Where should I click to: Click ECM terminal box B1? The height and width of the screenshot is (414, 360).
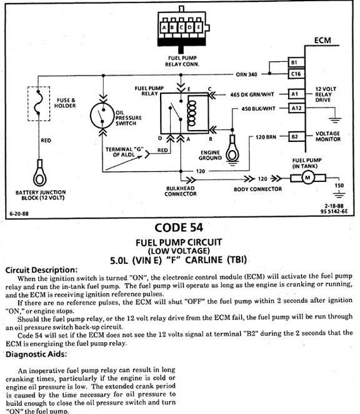[x=296, y=63]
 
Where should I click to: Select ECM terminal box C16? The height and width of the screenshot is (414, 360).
[x=296, y=74]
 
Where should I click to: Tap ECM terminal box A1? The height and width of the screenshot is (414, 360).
[x=296, y=94]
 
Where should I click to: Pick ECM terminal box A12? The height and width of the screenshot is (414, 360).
[x=296, y=108]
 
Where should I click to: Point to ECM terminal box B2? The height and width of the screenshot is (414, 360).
[x=296, y=137]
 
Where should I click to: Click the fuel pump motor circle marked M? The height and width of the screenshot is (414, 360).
[x=307, y=178]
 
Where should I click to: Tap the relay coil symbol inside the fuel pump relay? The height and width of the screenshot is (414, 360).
[x=191, y=114]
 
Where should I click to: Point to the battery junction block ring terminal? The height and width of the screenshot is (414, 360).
[x=39, y=173]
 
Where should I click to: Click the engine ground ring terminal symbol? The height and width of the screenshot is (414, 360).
[x=232, y=149]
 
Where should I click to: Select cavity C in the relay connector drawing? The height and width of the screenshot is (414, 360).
[x=181, y=28]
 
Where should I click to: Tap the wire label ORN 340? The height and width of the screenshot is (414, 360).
[x=246, y=74]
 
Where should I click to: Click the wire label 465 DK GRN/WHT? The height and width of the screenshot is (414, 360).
[x=252, y=94]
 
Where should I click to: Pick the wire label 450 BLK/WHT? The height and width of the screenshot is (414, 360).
[x=258, y=109]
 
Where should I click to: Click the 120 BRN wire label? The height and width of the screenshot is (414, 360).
[x=266, y=137]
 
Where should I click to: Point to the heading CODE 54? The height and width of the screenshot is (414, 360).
[x=179, y=228]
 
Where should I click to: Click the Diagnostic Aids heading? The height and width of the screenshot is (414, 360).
[x=36, y=354]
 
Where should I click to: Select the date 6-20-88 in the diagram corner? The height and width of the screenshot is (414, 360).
[x=19, y=214]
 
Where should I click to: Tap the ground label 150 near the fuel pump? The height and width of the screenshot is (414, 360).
[x=339, y=185]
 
